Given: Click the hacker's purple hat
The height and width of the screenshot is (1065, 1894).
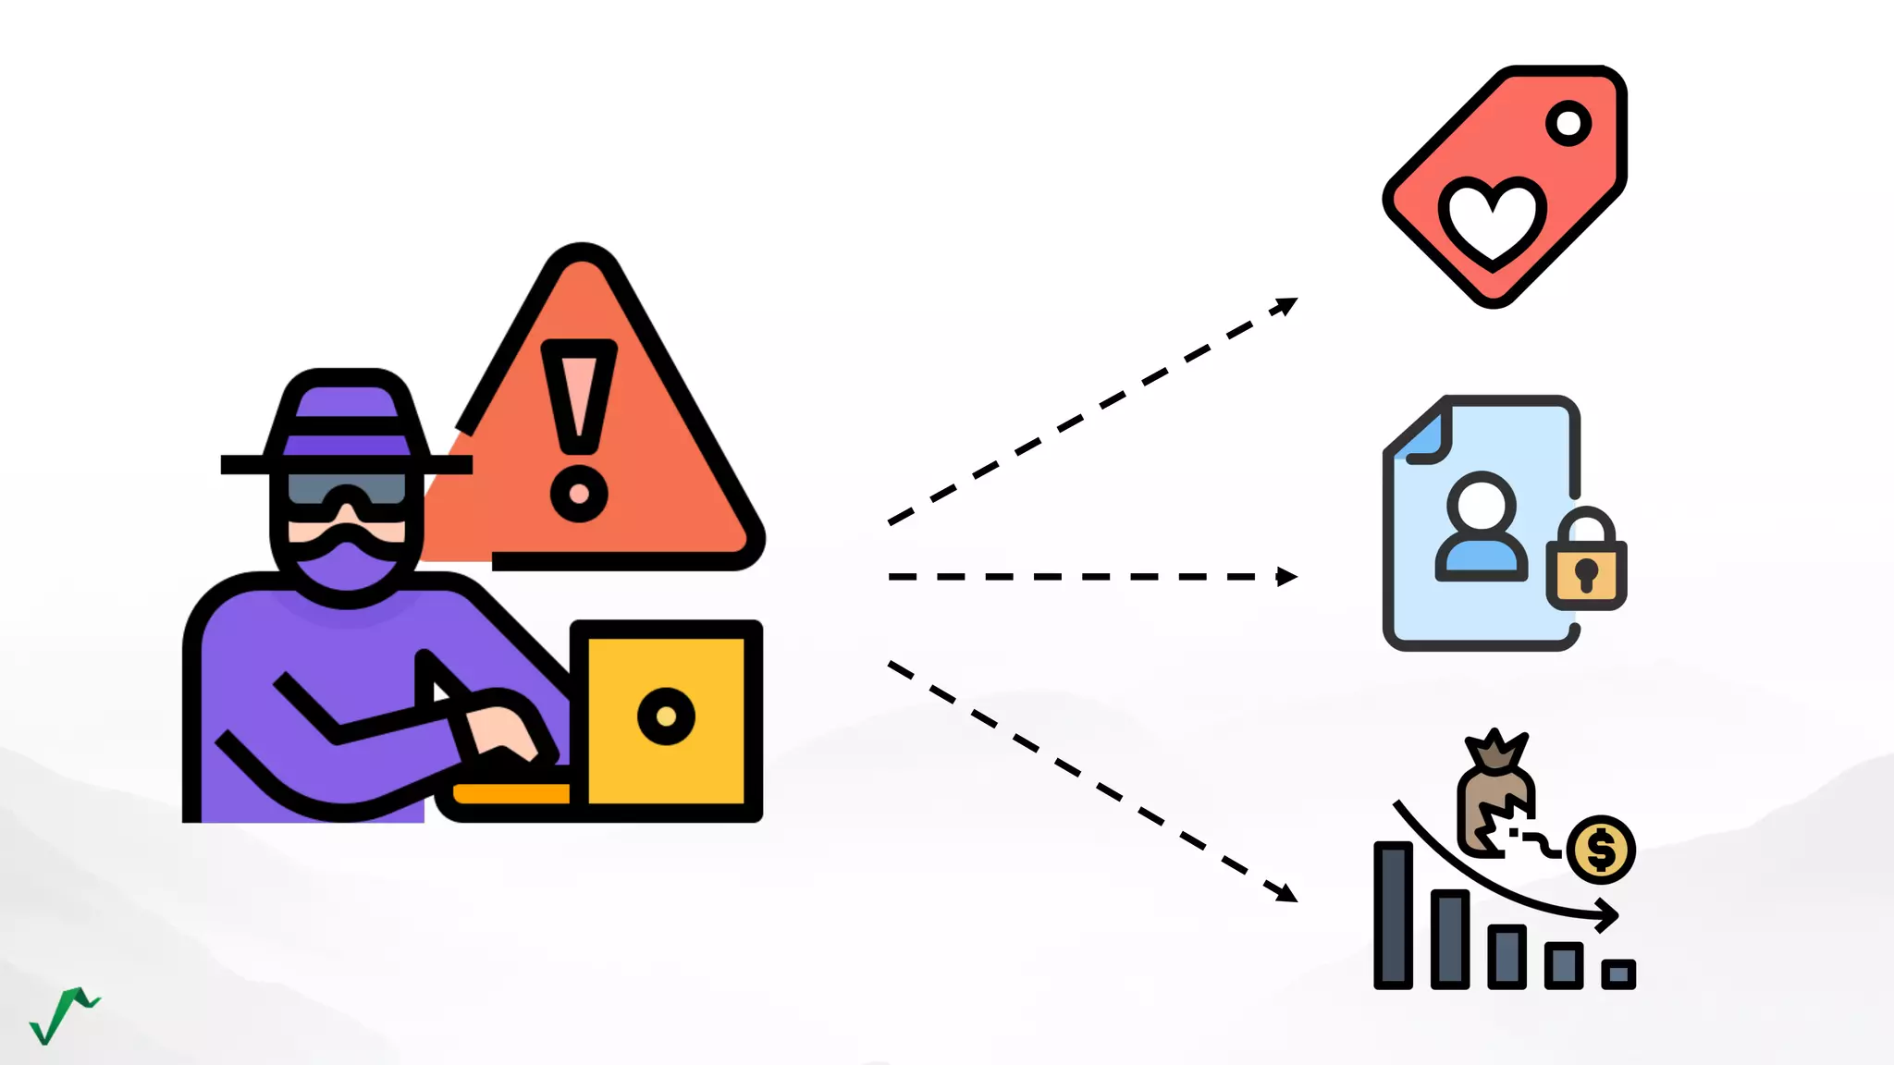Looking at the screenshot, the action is pyautogui.click(x=347, y=421).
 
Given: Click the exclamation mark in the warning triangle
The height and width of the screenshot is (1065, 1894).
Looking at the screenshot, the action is pyautogui.click(x=579, y=425).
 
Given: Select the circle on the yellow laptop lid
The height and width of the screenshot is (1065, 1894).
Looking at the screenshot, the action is pyautogui.click(x=666, y=716).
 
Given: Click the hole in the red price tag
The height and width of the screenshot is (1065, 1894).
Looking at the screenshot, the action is pyautogui.click(x=1568, y=123).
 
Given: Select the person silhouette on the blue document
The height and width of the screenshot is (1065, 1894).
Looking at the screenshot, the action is pyautogui.click(x=1482, y=527).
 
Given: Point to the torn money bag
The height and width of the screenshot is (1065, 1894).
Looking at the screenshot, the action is pyautogui.click(x=1494, y=800).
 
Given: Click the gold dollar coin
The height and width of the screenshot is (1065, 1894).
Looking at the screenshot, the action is pyautogui.click(x=1601, y=850).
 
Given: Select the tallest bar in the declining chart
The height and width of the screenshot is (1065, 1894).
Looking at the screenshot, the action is pyautogui.click(x=1393, y=914).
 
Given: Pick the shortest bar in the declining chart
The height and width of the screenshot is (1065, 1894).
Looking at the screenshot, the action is pyautogui.click(x=1618, y=974).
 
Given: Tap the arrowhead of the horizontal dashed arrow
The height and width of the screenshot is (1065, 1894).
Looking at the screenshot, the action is pyautogui.click(x=1286, y=577).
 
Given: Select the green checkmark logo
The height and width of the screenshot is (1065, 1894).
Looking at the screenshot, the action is pyautogui.click(x=63, y=1015).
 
